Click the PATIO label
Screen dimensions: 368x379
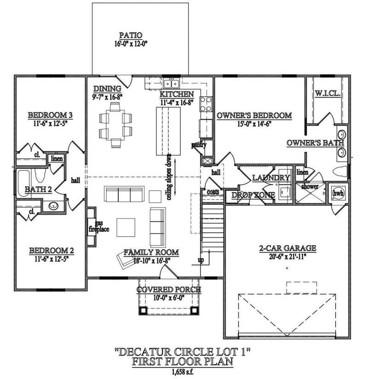point(131,35)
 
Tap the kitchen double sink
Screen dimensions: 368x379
point(171,84)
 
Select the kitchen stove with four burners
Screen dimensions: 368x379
point(206,104)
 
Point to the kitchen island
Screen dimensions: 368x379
point(168,131)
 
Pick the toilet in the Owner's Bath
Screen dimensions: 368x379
point(340,172)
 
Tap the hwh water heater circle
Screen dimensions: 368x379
point(338,193)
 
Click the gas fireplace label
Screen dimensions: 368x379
point(99,226)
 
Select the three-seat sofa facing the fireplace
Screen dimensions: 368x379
point(124,194)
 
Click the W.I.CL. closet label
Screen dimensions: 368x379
point(328,93)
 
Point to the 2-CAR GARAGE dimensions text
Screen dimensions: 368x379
point(287,257)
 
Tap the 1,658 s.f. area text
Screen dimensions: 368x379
point(183,372)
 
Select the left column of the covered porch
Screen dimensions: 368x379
point(143,310)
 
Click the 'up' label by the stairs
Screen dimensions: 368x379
point(201,260)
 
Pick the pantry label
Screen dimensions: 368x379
point(199,145)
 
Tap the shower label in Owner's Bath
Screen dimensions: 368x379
point(310,186)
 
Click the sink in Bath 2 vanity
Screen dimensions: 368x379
point(53,206)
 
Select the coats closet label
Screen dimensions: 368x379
point(213,192)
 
